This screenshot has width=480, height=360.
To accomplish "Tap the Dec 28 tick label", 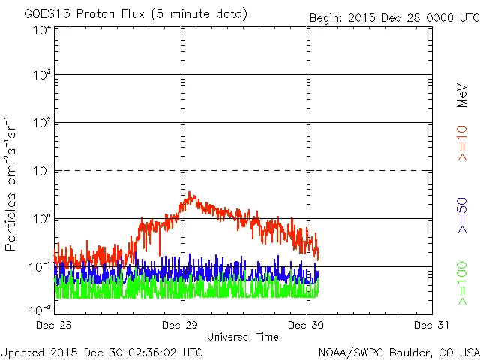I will pos(55,325).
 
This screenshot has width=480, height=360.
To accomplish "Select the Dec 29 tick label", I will pos(180,325).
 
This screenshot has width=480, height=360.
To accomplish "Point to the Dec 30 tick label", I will pos(306,325).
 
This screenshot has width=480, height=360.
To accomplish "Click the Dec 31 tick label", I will pos(431,325).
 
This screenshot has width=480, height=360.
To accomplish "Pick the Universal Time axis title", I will pos(243,337).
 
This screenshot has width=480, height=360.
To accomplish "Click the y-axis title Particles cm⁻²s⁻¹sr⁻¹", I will pos(11,184).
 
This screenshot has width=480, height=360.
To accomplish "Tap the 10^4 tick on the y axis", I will pos(42,30).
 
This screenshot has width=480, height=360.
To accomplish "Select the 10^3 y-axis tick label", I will pos(42,77).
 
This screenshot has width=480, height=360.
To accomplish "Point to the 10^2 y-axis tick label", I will pos(42,125).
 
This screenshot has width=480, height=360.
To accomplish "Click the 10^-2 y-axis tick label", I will pos(40,309).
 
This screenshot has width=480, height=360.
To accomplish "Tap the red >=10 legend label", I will pos(463,144).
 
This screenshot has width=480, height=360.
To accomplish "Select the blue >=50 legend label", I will pos(463,217).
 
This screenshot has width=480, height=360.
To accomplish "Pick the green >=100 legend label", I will pos(463,283).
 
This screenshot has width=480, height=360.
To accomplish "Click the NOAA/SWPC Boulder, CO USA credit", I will pos(398,351).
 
